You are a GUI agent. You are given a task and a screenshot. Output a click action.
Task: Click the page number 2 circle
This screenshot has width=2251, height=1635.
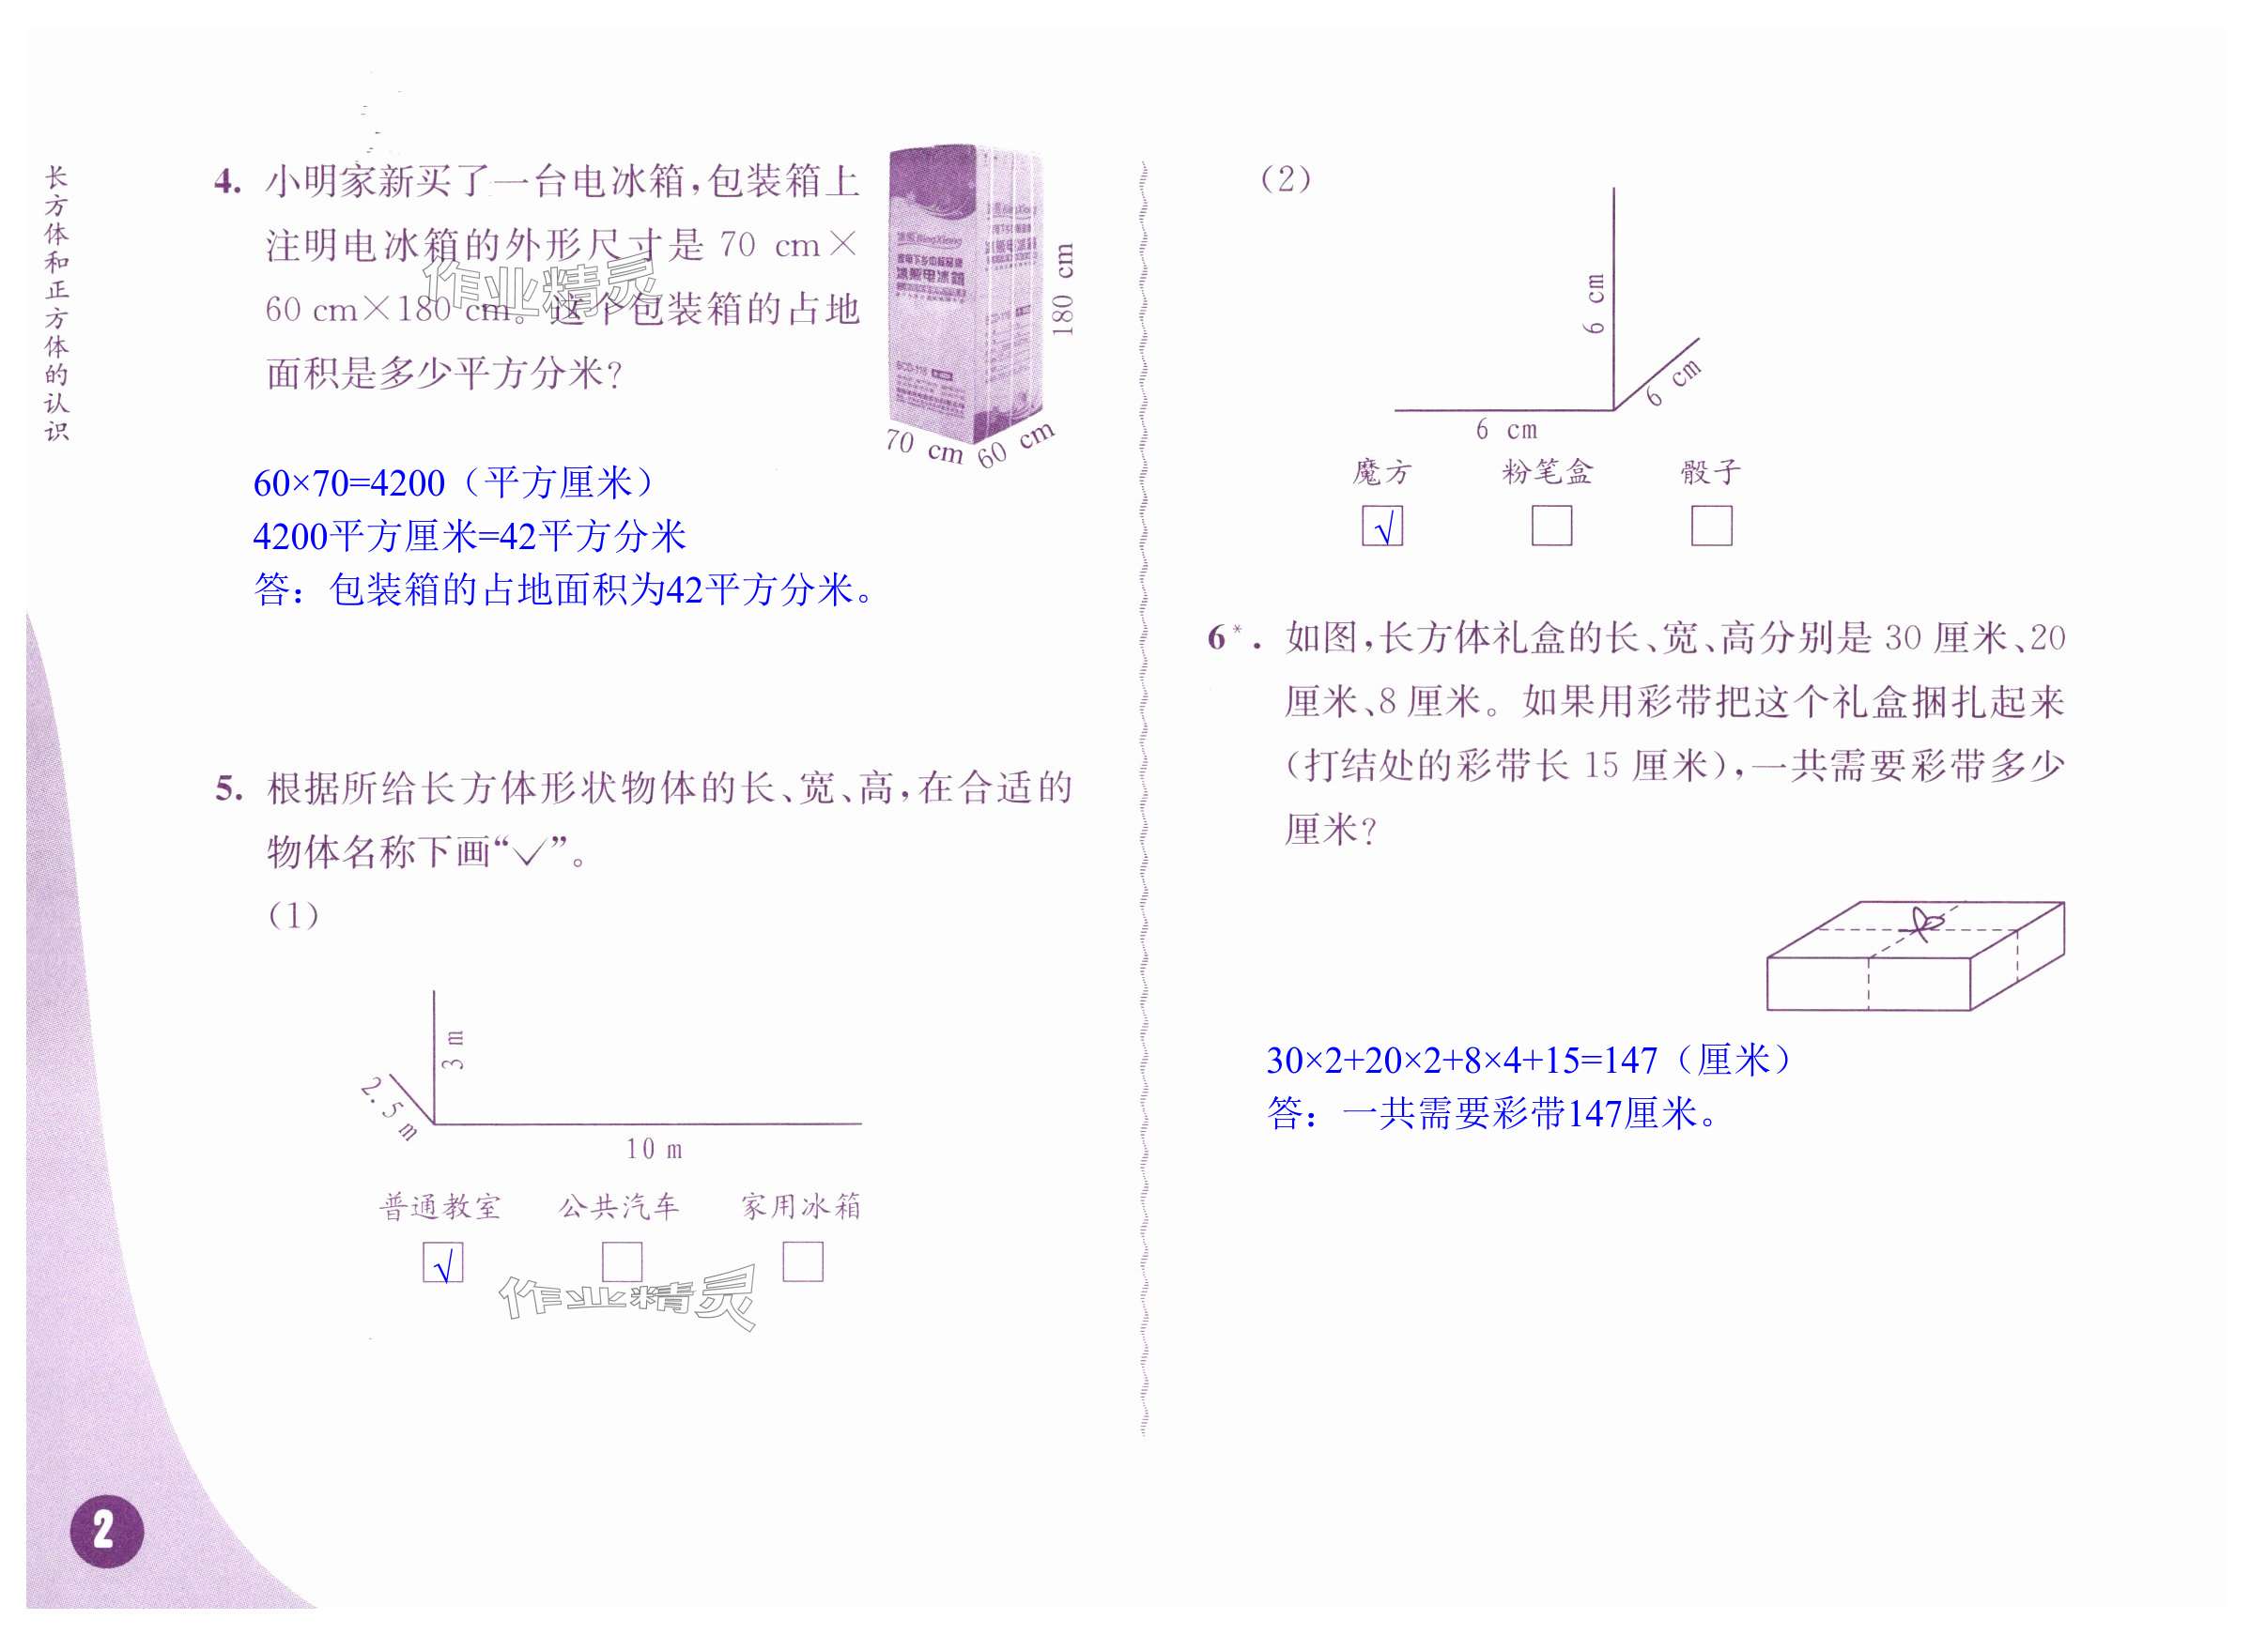[106, 1531]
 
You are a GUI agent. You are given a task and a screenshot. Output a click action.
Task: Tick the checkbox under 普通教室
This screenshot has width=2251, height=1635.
[442, 1263]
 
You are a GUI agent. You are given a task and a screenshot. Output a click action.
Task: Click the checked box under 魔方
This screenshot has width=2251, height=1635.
[1381, 526]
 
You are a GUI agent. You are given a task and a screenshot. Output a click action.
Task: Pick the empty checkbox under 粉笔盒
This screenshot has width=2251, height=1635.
[1551, 526]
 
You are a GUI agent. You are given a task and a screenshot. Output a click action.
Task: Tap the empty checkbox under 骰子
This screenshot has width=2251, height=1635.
[1711, 526]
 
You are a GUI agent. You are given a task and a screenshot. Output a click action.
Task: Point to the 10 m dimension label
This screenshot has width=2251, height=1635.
[654, 1149]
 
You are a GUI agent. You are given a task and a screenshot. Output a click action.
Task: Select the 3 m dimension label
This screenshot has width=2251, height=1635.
[453, 1050]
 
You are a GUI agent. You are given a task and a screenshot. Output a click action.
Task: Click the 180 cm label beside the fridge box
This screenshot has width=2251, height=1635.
[1062, 289]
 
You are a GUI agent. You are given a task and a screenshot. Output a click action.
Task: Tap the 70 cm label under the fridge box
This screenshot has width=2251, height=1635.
[924, 447]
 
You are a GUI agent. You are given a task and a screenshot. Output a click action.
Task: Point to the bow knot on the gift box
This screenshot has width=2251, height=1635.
[1925, 924]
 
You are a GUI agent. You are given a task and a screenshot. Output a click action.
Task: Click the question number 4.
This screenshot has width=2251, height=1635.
[227, 182]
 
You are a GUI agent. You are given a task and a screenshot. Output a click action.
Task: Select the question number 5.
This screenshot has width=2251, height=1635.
[228, 789]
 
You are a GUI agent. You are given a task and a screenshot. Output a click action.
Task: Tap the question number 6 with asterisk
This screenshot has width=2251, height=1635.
[1226, 638]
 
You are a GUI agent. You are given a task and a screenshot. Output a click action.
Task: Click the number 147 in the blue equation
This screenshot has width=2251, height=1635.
[1630, 1061]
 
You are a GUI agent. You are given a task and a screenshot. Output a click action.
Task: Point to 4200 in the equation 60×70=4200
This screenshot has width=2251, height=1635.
[407, 483]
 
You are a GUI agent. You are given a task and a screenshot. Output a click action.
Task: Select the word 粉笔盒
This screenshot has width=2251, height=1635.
[1548, 471]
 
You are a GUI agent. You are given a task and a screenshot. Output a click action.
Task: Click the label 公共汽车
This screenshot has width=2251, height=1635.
[619, 1206]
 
